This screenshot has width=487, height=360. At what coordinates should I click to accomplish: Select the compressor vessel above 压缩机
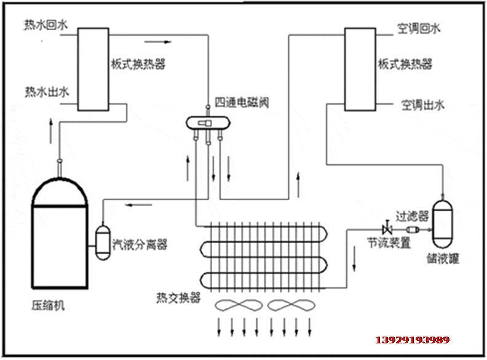(59, 234)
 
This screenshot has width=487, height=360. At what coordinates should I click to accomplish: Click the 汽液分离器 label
(140, 244)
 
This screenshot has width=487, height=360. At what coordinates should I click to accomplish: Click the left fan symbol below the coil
(237, 306)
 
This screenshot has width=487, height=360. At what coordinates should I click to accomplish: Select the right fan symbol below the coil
(288, 306)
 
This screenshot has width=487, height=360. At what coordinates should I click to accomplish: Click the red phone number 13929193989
(413, 340)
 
